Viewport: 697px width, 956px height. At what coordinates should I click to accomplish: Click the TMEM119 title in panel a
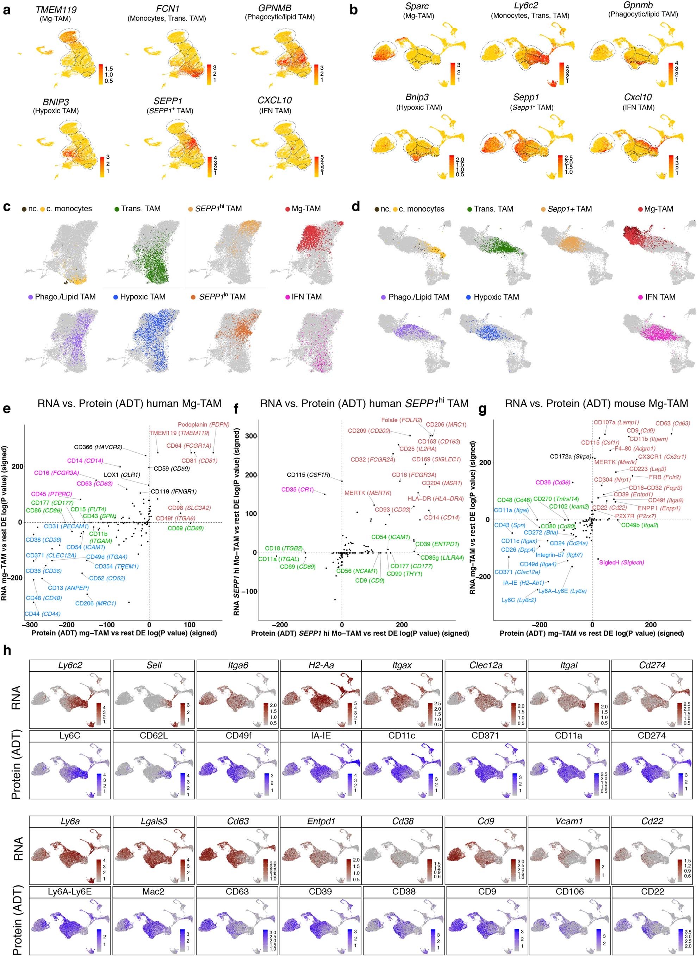pyautogui.click(x=56, y=9)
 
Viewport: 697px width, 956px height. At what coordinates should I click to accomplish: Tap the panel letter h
pyautogui.click(x=7, y=651)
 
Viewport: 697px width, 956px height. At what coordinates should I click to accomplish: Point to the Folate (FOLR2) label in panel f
pyautogui.click(x=401, y=420)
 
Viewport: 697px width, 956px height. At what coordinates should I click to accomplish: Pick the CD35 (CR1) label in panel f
pyautogui.click(x=298, y=489)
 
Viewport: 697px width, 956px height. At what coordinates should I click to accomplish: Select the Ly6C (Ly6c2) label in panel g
pyautogui.click(x=518, y=600)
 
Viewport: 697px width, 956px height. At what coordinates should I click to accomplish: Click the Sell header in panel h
pyautogui.click(x=154, y=666)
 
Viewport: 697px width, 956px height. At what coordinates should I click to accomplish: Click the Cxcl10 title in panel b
pyautogui.click(x=637, y=97)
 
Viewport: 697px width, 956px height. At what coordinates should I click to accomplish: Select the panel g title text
pyautogui.click(x=596, y=404)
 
